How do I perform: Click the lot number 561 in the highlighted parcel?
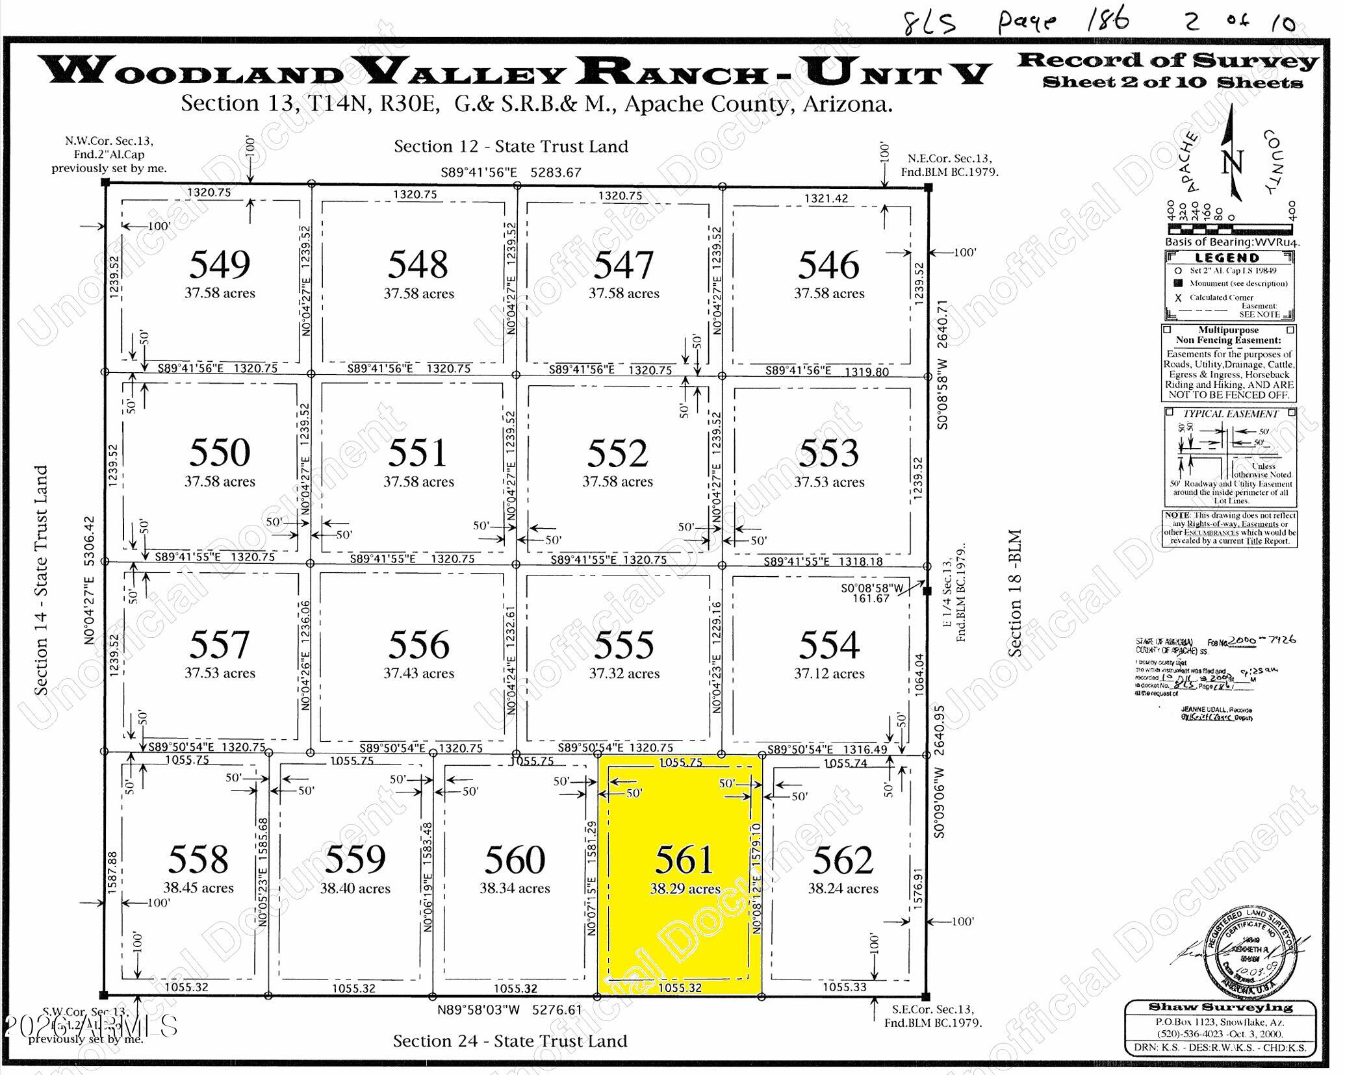pyautogui.click(x=684, y=859)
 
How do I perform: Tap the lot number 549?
pyautogui.click(x=220, y=264)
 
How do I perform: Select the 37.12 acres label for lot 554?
pyautogui.click(x=829, y=674)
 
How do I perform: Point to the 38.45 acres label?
pyautogui.click(x=198, y=888)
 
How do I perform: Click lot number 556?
pyautogui.click(x=418, y=644)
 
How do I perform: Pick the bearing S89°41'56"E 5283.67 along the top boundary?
pyautogui.click(x=511, y=173)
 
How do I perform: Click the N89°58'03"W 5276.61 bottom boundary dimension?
pyautogui.click(x=510, y=1011)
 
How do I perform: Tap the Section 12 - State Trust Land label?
pyautogui.click(x=511, y=147)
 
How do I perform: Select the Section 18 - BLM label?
pyautogui.click(x=1014, y=592)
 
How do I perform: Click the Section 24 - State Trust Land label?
pyautogui.click(x=510, y=1041)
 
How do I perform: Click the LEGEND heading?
pyautogui.click(x=1227, y=258)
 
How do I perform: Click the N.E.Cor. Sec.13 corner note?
pyautogui.click(x=949, y=165)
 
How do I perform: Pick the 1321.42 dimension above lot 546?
pyautogui.click(x=827, y=198)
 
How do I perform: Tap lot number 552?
pyautogui.click(x=617, y=453)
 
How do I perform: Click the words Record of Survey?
pyautogui.click(x=1167, y=61)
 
